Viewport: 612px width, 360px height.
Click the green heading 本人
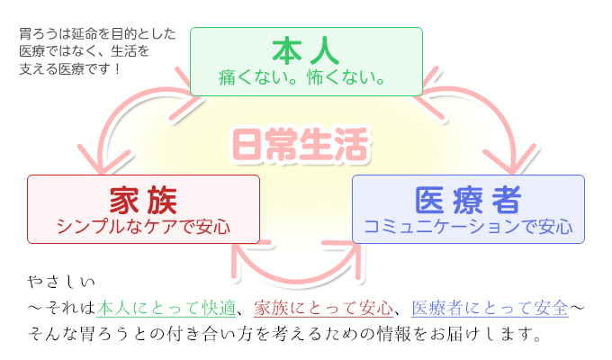click(x=306, y=51)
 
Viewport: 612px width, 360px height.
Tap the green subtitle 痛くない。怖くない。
click(x=301, y=77)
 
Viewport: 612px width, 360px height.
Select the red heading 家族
click(x=143, y=201)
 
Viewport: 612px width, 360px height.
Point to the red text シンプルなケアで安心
click(x=143, y=226)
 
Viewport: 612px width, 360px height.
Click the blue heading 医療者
click(x=468, y=201)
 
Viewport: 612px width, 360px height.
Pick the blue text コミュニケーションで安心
click(x=468, y=226)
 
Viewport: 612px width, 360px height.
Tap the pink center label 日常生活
click(x=301, y=145)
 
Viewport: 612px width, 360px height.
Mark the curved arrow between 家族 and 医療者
click(x=297, y=280)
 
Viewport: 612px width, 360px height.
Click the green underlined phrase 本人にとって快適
click(x=166, y=308)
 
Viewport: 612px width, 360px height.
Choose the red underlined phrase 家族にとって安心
click(x=324, y=308)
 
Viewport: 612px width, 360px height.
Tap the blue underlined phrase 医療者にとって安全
click(x=490, y=308)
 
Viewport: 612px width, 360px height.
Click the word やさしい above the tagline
click(x=61, y=282)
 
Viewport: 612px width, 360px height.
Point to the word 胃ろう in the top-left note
click(x=38, y=34)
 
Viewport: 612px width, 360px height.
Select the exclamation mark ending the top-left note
click(x=117, y=68)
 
